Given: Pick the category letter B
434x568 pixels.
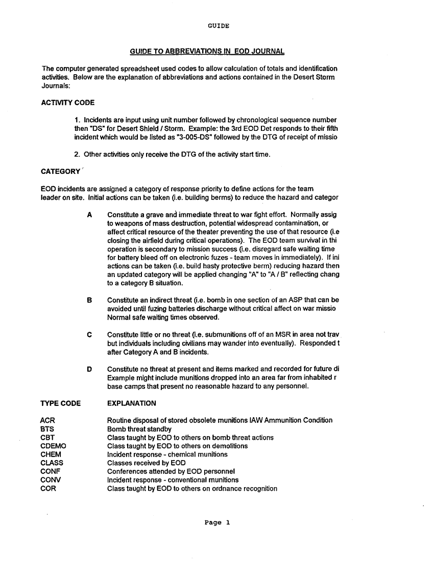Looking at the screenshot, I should (x=89, y=300).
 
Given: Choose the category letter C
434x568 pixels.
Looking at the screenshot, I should (x=89, y=334).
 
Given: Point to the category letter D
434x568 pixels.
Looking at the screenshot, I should (x=89, y=369).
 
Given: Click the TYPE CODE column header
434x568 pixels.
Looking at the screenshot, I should (x=60, y=403).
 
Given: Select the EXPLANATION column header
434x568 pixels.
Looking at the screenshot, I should (x=131, y=403).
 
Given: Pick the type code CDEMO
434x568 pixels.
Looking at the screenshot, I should (x=53, y=446).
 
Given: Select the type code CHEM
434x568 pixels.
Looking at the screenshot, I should (x=51, y=454).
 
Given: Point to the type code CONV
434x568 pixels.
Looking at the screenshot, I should (x=50, y=480).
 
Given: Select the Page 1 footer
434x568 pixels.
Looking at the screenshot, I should (x=218, y=522).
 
